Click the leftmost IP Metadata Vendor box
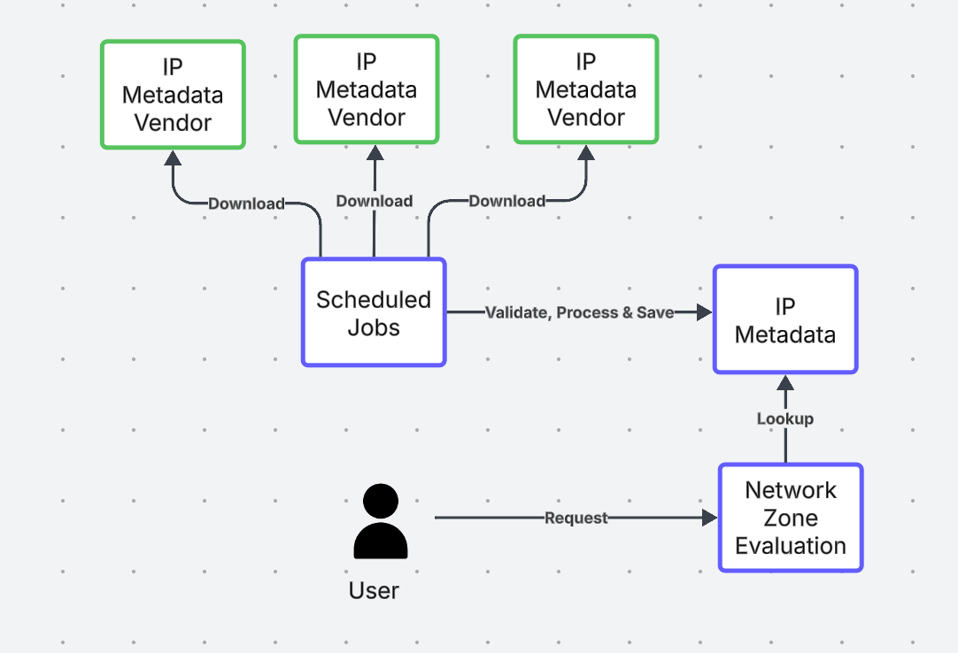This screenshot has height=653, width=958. (173, 95)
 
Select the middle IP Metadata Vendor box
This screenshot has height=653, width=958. (367, 89)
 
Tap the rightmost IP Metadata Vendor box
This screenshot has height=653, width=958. (586, 89)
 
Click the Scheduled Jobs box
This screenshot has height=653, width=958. (374, 312)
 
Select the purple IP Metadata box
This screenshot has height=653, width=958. (785, 319)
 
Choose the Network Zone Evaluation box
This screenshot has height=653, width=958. (791, 518)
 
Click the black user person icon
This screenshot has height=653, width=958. (380, 522)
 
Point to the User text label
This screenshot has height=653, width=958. (374, 590)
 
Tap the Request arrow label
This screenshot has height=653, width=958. (576, 519)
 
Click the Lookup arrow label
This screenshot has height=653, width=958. (785, 419)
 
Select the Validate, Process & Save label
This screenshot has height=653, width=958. (579, 312)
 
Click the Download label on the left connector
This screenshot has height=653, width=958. (246, 204)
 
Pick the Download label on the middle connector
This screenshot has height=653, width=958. (374, 201)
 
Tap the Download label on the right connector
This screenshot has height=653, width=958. (506, 201)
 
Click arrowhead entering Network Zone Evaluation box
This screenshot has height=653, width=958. (709, 519)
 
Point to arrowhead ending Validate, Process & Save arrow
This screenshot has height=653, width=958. (705, 312)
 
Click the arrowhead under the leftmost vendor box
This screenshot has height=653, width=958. (173, 158)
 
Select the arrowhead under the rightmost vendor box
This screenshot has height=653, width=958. (585, 153)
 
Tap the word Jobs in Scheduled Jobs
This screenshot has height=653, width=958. (374, 327)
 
